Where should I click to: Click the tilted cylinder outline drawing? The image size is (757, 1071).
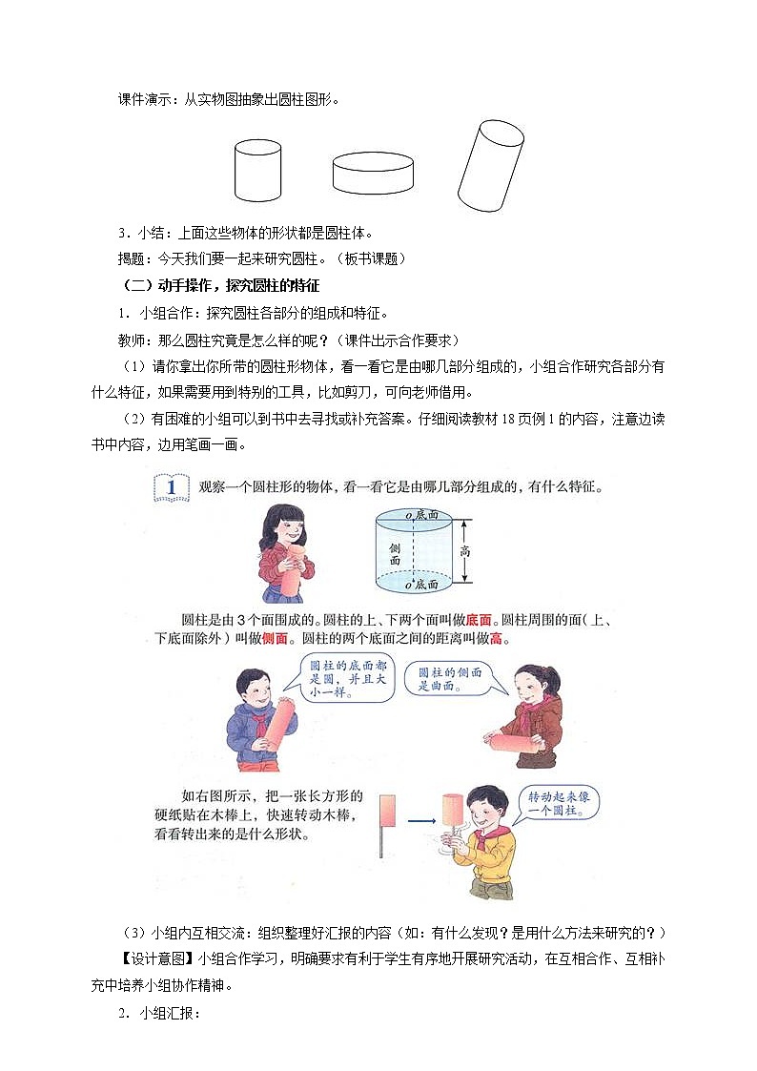point(490,167)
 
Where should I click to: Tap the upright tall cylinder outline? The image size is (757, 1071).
point(258,172)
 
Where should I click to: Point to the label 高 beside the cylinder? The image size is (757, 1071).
point(464,551)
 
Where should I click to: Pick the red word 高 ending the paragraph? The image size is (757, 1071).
point(495,639)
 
